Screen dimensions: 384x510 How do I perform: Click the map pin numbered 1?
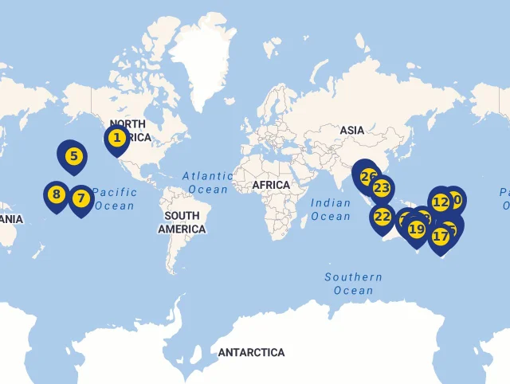click(x=117, y=139)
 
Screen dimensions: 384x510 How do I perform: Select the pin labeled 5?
click(x=73, y=155)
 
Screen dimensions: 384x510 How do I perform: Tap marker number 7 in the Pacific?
click(x=80, y=198)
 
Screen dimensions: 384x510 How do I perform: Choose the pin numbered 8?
click(x=56, y=194)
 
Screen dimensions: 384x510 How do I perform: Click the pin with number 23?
click(x=382, y=189)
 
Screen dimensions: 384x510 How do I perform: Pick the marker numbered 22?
click(x=382, y=217)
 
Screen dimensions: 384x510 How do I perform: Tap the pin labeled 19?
click(x=416, y=229)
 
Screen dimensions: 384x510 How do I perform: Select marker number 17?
click(x=441, y=236)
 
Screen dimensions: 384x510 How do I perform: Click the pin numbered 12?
click(x=441, y=202)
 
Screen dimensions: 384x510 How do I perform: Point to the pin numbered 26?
click(x=367, y=177)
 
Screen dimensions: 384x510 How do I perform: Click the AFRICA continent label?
click(x=271, y=185)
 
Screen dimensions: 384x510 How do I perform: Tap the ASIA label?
click(x=352, y=130)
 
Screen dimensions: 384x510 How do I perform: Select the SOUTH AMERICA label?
click(x=182, y=222)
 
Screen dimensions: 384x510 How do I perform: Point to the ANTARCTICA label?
click(x=251, y=352)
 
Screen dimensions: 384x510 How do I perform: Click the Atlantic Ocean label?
click(x=207, y=182)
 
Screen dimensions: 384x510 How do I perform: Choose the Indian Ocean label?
click(x=331, y=210)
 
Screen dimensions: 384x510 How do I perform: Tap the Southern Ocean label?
click(x=353, y=284)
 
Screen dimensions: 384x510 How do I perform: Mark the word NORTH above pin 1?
click(x=127, y=123)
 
